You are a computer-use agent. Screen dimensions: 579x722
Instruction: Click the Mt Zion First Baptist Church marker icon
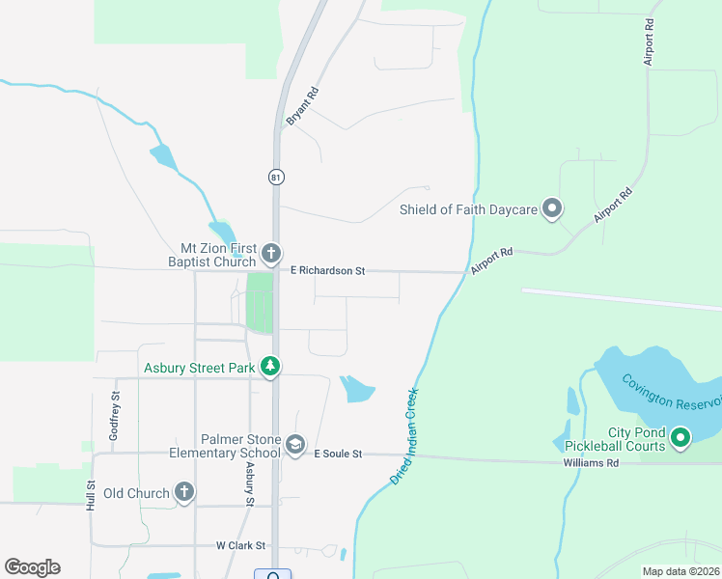coord(271,254)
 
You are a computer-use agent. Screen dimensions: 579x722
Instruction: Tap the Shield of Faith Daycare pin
coord(552,208)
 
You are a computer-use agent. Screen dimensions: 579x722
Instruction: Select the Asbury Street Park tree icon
coord(271,367)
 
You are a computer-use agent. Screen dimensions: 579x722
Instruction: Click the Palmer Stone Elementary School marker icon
coord(295,445)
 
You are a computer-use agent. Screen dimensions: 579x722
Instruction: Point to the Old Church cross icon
coord(183,492)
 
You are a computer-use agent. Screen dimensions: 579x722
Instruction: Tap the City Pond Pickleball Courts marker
coord(680,439)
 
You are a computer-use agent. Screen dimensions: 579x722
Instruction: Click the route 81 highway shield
coord(276,177)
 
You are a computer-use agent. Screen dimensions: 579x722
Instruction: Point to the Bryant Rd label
coord(302,106)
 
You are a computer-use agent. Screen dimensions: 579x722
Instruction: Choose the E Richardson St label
coord(327,271)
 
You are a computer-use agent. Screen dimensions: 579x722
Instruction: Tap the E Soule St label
coord(337,454)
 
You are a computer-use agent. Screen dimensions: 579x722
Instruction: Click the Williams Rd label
coord(591,463)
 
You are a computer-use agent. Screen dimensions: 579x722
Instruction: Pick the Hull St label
coord(91,496)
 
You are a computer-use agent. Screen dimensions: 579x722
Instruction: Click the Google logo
coord(32,567)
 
